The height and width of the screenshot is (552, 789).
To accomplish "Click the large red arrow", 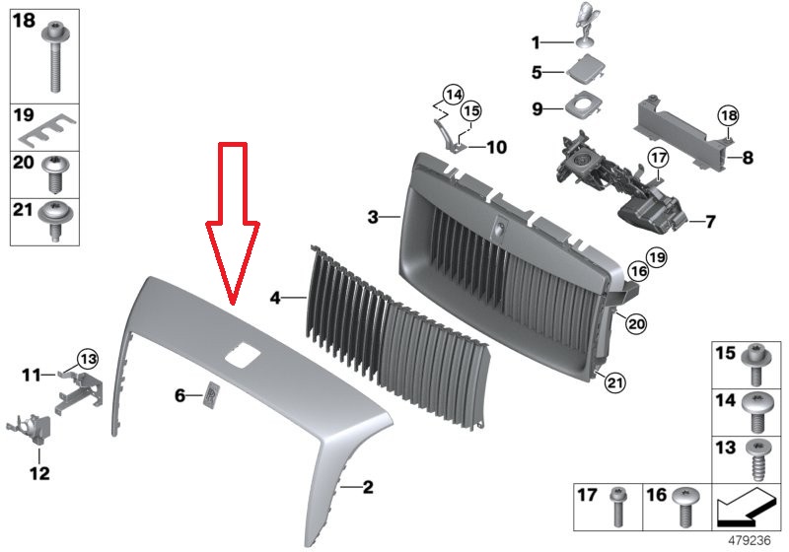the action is tap(233, 221).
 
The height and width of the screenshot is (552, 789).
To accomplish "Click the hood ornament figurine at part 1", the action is tap(586, 24).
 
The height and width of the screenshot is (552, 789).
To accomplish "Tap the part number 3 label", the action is tap(373, 217).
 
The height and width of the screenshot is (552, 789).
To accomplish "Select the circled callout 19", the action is tap(656, 257).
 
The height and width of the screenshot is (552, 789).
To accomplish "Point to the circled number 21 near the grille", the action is tap(613, 383).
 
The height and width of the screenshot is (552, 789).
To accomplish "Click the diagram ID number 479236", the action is tap(750, 540).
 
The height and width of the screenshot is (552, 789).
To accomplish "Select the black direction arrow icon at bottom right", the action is tap(744, 507).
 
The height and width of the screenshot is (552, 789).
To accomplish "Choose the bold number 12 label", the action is tap(39, 473).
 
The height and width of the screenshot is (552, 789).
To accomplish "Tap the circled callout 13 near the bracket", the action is tap(88, 359).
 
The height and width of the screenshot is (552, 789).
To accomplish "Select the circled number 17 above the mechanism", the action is tap(658, 158).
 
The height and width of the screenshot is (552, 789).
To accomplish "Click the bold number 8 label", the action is tap(749, 158).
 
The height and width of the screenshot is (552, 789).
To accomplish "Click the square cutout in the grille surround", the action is tap(242, 355).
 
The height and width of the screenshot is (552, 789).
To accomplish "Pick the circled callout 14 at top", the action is tap(453, 94).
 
